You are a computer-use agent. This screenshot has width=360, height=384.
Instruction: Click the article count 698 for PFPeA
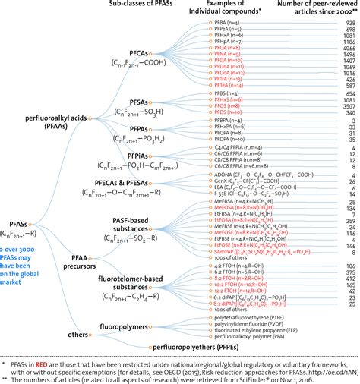pyautogui.click(x=349, y=29)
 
